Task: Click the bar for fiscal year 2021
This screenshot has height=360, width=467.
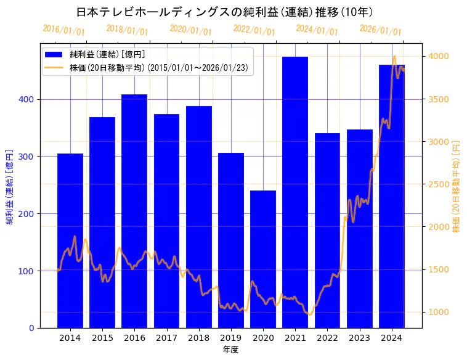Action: point(295,192)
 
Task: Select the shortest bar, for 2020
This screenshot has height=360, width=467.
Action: point(263,259)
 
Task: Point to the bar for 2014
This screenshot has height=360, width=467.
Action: point(70,240)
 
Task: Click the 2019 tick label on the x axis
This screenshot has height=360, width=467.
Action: point(231,338)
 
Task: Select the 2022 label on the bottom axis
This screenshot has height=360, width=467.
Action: point(327,338)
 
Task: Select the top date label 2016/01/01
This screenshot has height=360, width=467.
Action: point(64,30)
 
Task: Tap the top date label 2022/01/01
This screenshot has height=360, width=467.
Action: point(254,30)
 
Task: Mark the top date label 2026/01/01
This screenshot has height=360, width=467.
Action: point(380,30)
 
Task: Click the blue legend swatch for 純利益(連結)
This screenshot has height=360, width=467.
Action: point(54,54)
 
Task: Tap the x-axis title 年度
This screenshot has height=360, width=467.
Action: point(231,350)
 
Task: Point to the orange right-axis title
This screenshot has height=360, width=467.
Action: point(457,185)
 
